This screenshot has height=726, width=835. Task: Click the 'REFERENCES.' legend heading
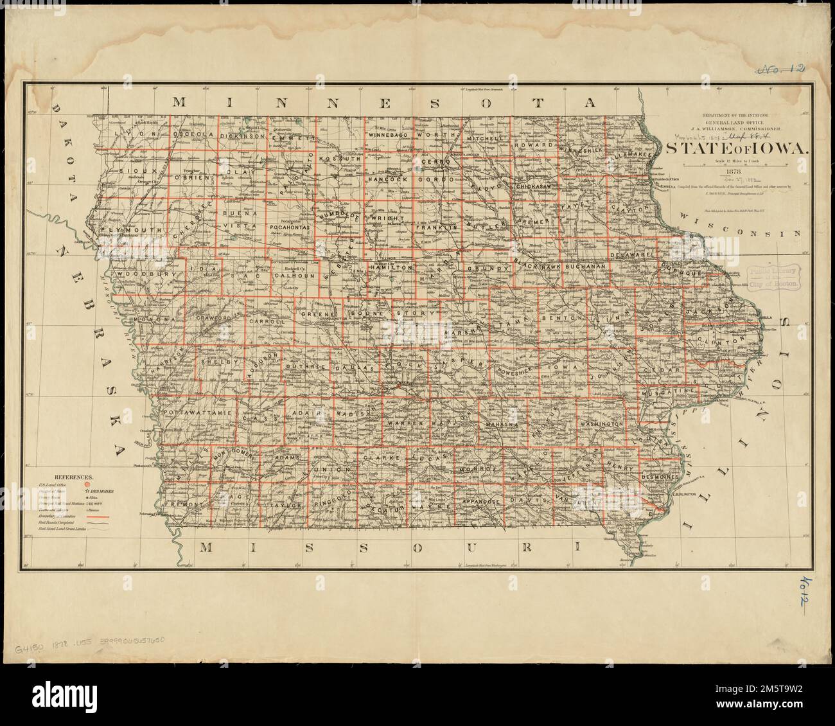pos(75,478)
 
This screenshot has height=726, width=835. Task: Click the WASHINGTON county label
pos(601,425)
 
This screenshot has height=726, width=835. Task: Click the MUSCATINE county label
pos(672,391)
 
